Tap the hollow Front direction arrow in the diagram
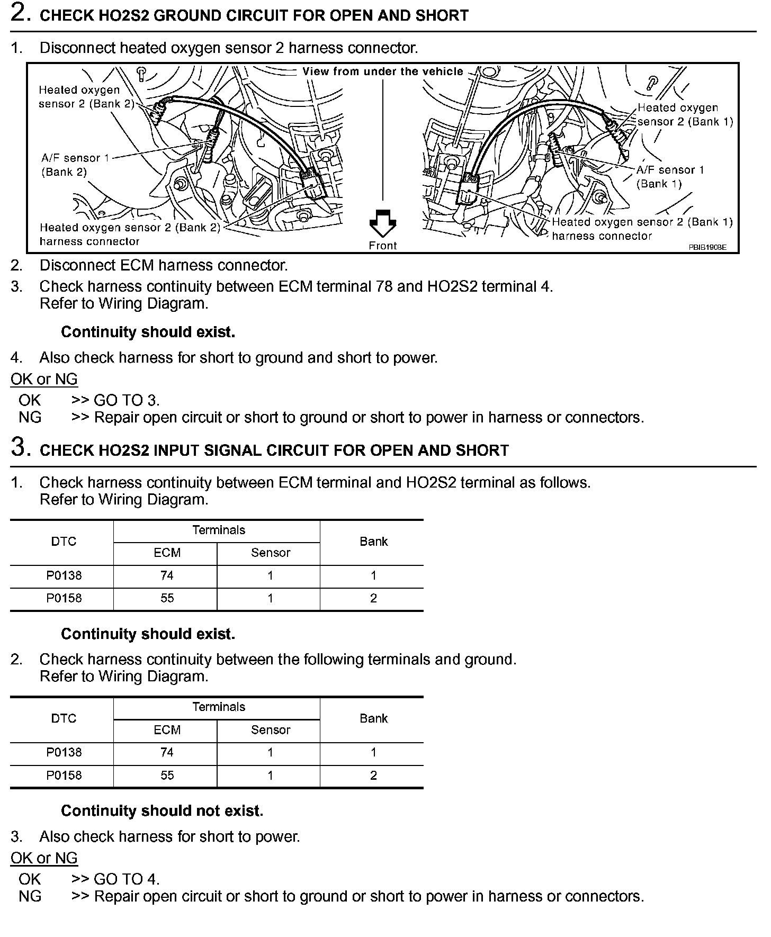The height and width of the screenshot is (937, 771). tap(382, 223)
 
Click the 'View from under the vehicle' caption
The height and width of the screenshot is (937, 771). tap(382, 71)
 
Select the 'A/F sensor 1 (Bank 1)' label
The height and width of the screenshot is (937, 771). tap(670, 177)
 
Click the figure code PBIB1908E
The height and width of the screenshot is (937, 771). tap(707, 247)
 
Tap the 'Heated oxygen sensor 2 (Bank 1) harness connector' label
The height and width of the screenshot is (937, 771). tap(642, 229)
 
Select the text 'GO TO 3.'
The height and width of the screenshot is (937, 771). tap(127, 400)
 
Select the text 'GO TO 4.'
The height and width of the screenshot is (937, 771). tap(127, 879)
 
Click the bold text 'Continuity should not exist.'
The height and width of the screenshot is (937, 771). tap(162, 810)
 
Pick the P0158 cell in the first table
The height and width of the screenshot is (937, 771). tap(64, 598)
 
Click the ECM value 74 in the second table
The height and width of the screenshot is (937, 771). tap(167, 752)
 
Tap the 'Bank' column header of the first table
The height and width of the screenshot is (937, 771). tap(373, 542)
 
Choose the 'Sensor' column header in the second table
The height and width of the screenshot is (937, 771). tap(270, 729)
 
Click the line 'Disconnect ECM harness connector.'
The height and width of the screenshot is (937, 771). tap(164, 265)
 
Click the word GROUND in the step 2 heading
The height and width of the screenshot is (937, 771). tap(185, 15)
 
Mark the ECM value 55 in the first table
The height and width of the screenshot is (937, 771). tap(167, 598)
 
